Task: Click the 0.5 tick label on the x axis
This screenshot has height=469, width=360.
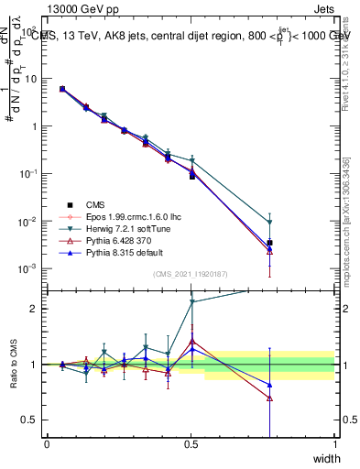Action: tap(191, 444)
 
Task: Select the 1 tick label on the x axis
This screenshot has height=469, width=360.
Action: tap(334, 444)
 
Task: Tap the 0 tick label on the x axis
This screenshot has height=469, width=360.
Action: tap(47, 444)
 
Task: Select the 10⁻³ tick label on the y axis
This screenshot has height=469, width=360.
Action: tap(31, 269)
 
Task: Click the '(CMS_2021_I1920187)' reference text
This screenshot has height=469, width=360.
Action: tap(191, 274)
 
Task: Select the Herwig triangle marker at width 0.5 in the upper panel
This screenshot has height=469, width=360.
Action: tap(191, 161)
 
